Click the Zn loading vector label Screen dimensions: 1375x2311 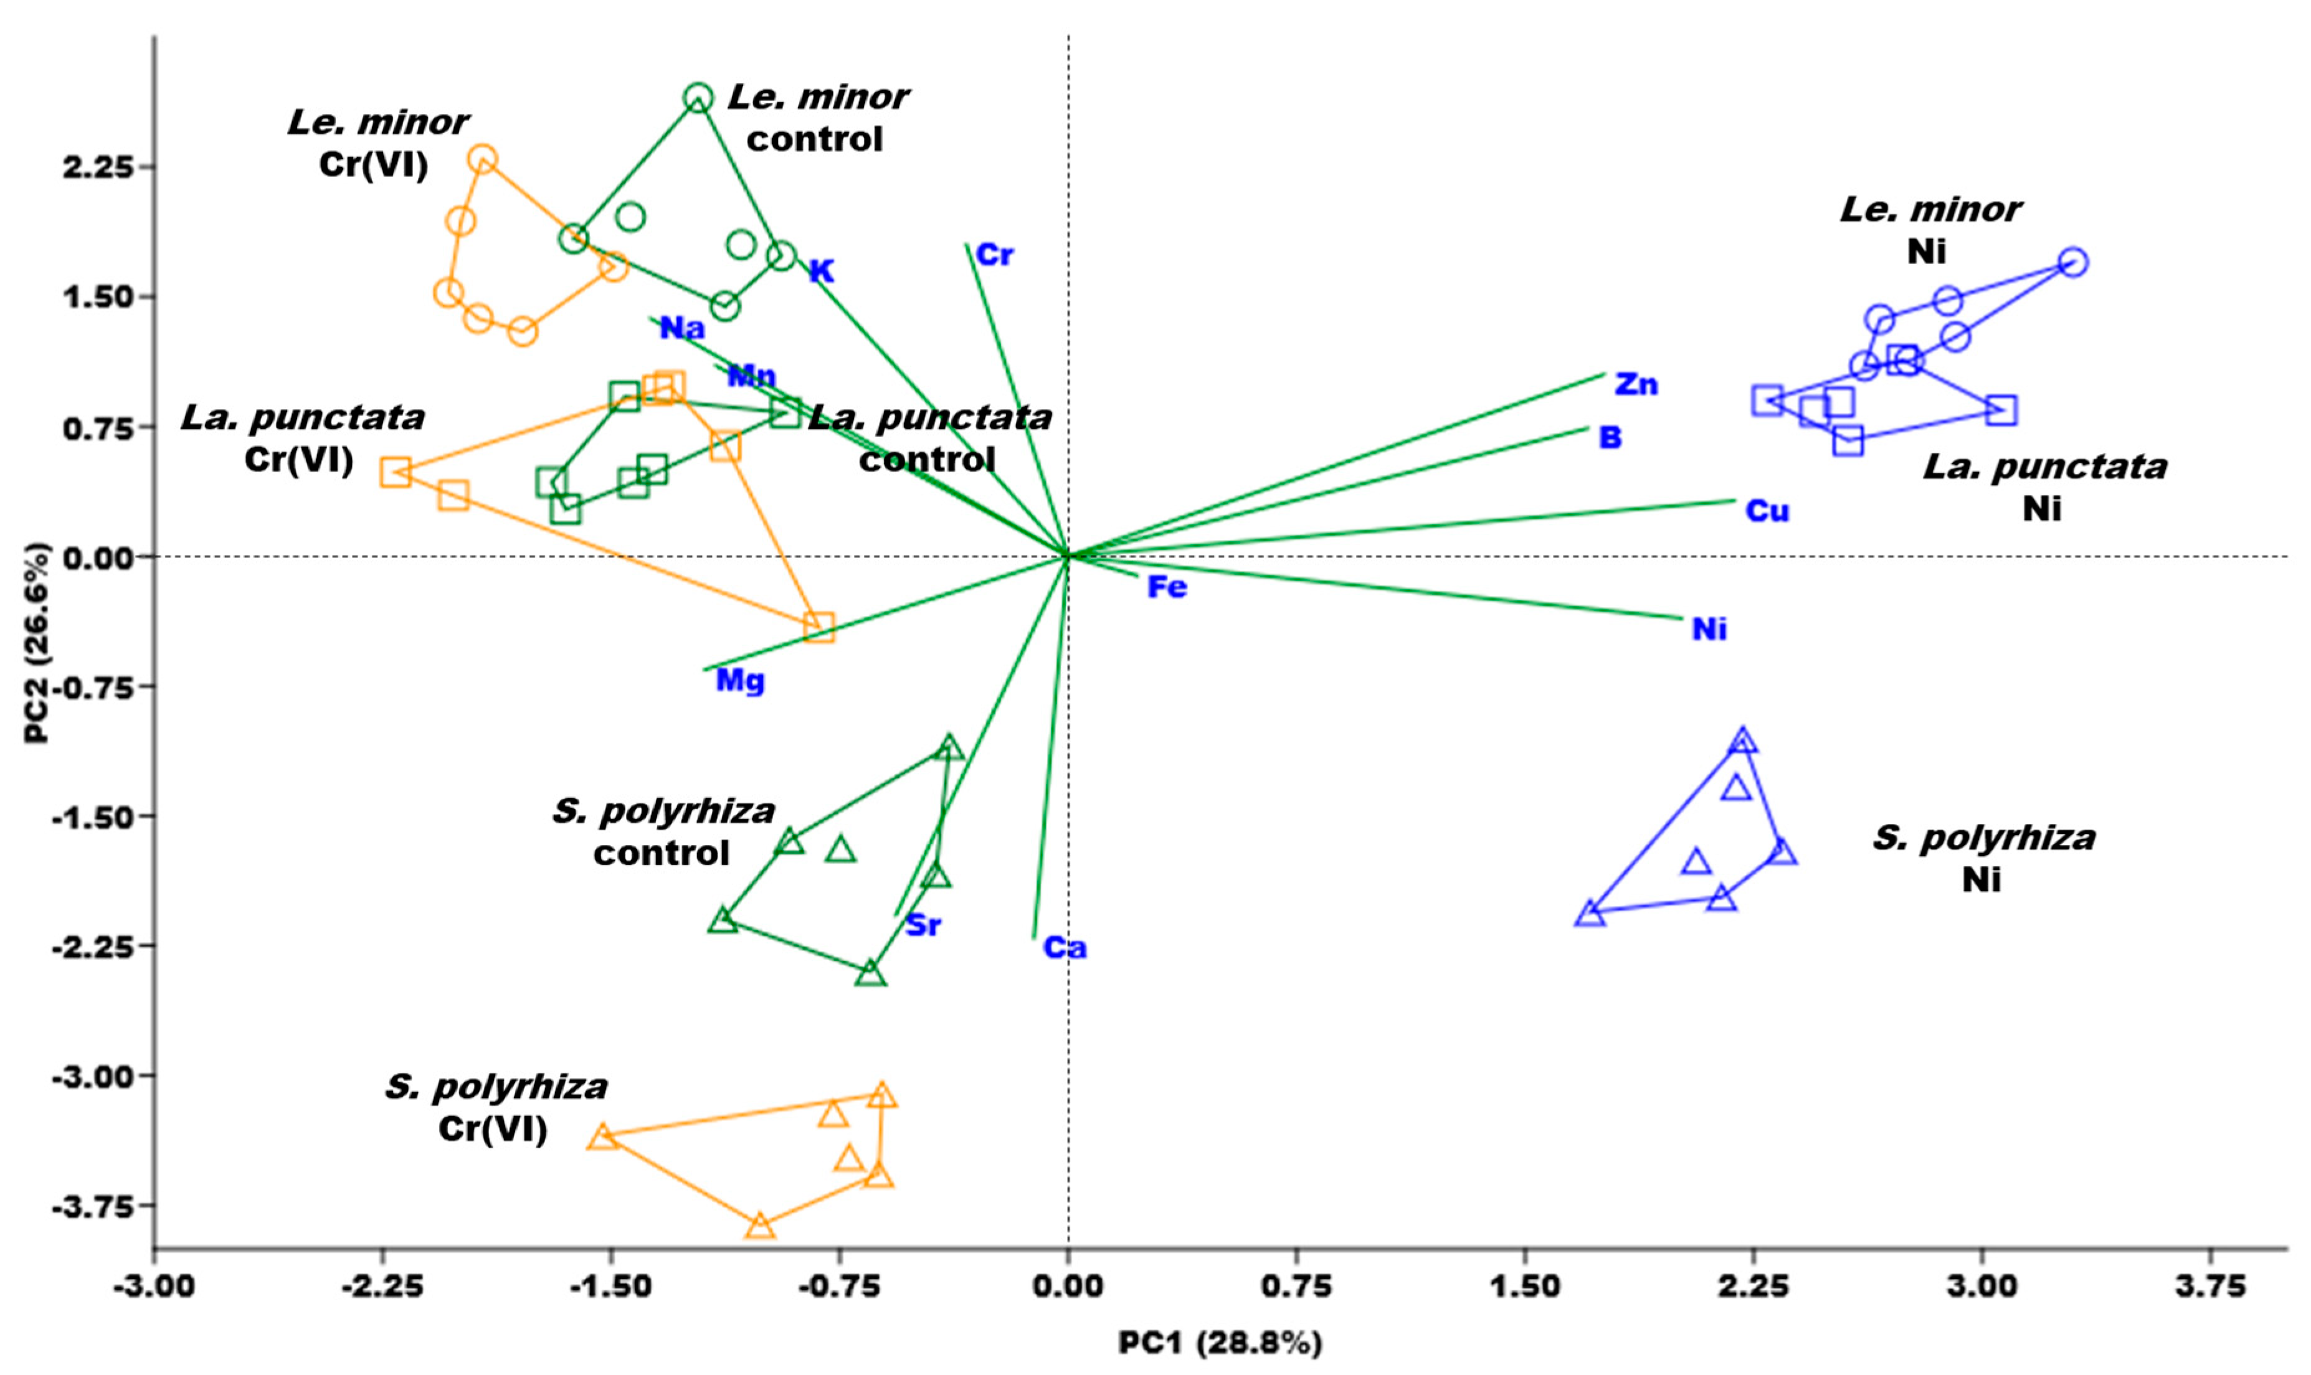coord(1636,384)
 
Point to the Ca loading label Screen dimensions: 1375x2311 coord(1064,947)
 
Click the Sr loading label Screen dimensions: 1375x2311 coord(923,925)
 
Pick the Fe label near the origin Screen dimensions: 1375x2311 coord(1167,587)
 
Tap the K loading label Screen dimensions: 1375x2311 coord(821,272)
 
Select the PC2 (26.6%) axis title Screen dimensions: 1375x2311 coord(37,643)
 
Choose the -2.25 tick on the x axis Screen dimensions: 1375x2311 coord(382,1287)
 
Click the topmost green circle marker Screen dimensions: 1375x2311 coord(699,97)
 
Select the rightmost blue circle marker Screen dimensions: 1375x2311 coord(2073,262)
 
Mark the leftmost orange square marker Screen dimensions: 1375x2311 coord(396,471)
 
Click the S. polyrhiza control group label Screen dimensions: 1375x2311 coord(663,832)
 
